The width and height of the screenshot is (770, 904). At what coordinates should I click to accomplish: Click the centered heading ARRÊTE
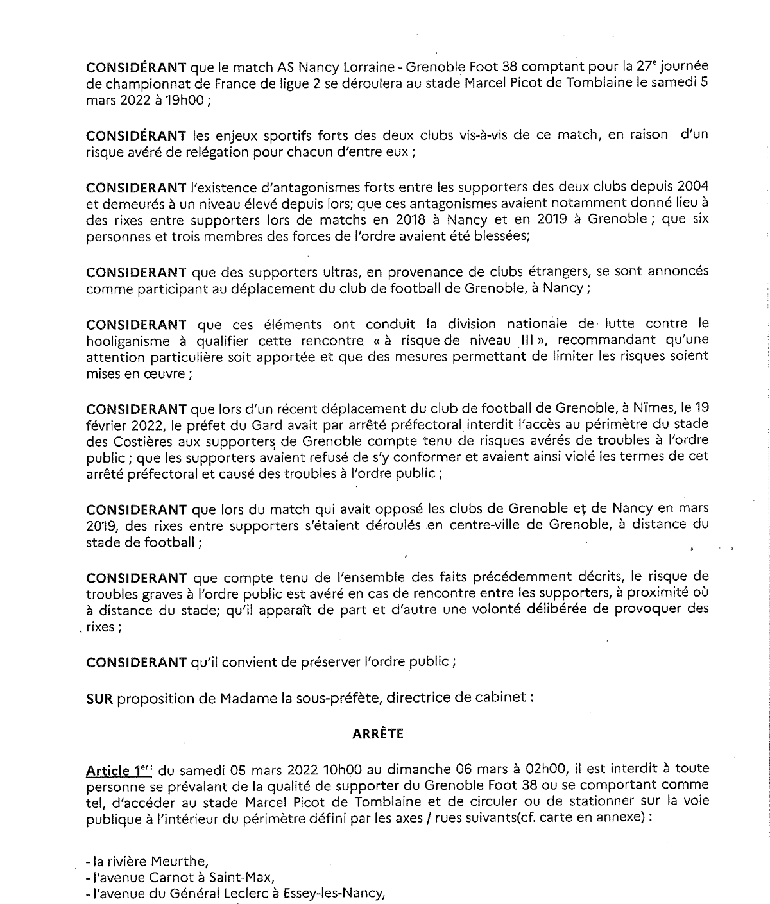click(x=378, y=735)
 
